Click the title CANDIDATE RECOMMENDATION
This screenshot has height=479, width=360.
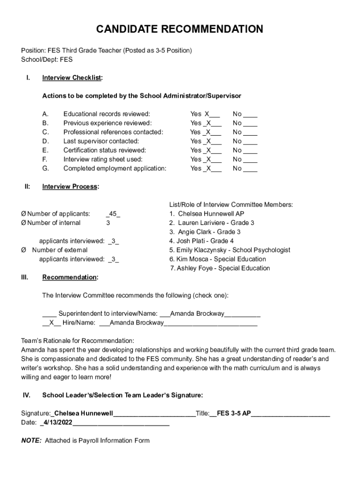[x=180, y=29]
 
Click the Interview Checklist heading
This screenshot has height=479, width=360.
[x=72, y=78]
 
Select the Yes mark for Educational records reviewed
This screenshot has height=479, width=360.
[x=207, y=114]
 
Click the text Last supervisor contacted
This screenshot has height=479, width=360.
[x=101, y=141]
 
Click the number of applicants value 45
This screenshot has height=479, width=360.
[x=113, y=214]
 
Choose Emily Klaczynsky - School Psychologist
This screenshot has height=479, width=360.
[x=233, y=250]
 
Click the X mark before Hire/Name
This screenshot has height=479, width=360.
[x=51, y=323]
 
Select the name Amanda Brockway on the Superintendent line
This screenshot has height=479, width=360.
[x=197, y=313]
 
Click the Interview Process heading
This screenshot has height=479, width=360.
[x=70, y=187]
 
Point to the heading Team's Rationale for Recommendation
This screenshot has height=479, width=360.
[x=78, y=341]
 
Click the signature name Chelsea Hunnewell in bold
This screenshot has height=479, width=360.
[x=84, y=414]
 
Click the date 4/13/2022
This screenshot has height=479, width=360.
[x=58, y=422]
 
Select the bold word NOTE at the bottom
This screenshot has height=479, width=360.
[x=31, y=441]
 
